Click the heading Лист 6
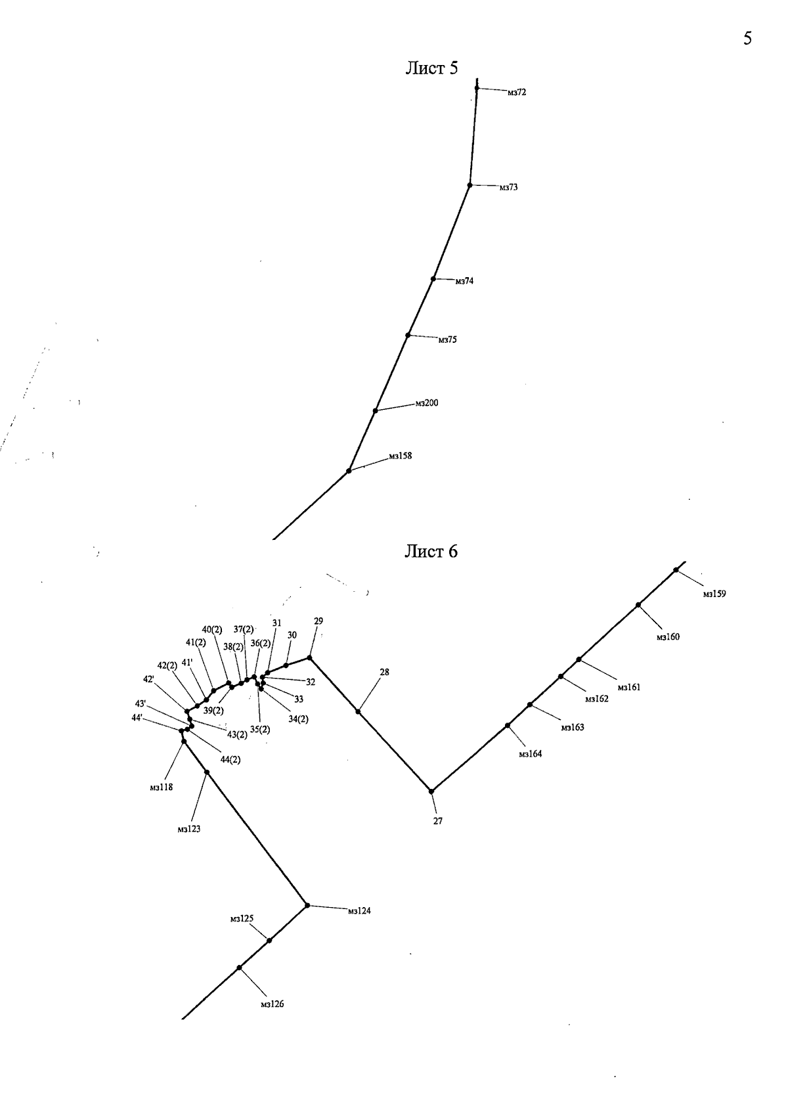click(x=431, y=552)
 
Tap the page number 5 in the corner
click(x=747, y=39)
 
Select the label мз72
click(x=516, y=93)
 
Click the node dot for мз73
click(x=470, y=185)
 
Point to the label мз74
click(x=464, y=281)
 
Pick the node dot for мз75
click(x=408, y=335)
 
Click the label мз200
click(x=426, y=403)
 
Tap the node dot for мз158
click(x=349, y=471)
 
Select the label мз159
click(x=714, y=594)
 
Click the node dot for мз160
click(x=638, y=604)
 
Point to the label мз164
click(x=530, y=754)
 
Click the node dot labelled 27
click(x=431, y=791)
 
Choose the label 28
click(x=384, y=672)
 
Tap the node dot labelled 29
click(x=309, y=657)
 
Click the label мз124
click(x=359, y=911)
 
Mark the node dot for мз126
click(x=239, y=968)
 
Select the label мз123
click(x=188, y=829)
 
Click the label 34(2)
click(x=298, y=719)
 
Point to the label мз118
click(x=161, y=787)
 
